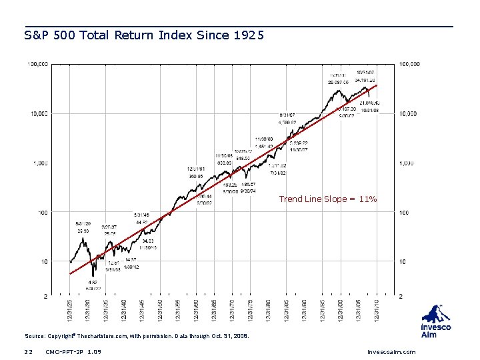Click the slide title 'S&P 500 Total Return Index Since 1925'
[144, 35]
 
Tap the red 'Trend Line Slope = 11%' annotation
[327, 199]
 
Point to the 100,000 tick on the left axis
[37, 65]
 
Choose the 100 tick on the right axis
[404, 213]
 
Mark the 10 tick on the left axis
[44, 262]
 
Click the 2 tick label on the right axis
[401, 296]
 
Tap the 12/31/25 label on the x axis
[69, 312]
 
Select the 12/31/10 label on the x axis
[377, 312]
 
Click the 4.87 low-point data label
[93, 282]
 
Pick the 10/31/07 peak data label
[365, 72]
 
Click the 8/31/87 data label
[287, 115]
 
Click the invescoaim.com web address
[391, 352]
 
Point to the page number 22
[28, 352]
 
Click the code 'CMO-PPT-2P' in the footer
[65, 352]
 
